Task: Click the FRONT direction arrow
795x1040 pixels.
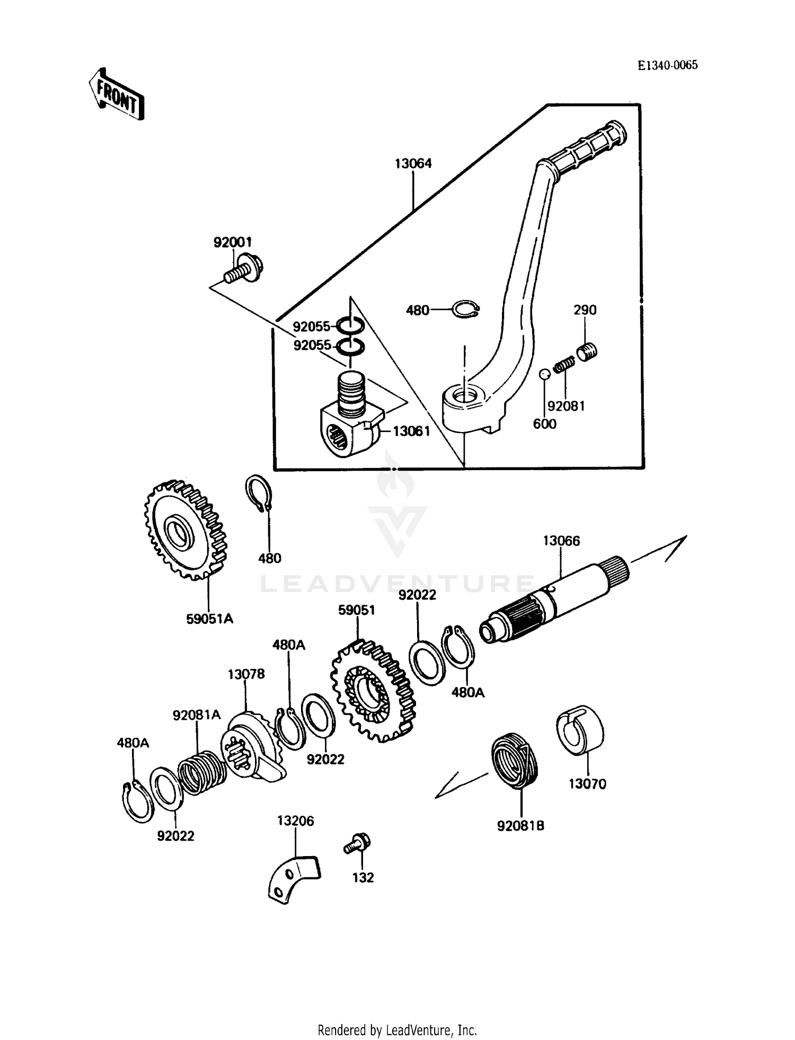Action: (x=116, y=94)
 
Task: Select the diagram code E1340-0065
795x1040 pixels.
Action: (x=667, y=65)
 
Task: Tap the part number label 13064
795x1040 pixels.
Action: (x=413, y=163)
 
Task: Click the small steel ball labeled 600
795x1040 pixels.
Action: (x=544, y=374)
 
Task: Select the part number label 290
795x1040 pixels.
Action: (x=585, y=310)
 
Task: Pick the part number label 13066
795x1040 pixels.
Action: (x=561, y=541)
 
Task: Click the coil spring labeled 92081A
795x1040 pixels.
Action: (x=201, y=772)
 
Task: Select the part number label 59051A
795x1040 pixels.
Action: (x=209, y=619)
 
